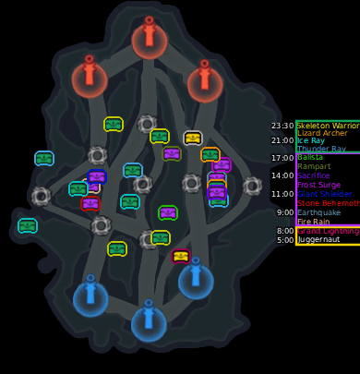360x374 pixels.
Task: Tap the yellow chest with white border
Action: coord(192,138)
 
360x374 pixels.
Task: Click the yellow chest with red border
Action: coord(181,256)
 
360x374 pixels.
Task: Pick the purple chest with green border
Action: coord(168,212)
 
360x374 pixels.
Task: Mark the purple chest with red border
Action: coord(90,203)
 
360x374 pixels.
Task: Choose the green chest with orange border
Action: coord(210,154)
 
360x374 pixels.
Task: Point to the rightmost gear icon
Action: coord(253,186)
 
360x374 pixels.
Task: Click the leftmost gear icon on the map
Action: coord(41,196)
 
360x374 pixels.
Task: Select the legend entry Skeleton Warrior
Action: coord(328,126)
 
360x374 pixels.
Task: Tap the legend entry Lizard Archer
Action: coord(323,133)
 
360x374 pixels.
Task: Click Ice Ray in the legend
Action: coord(311,140)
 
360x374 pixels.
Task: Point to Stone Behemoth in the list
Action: coord(329,203)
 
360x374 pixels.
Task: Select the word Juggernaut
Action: coord(318,239)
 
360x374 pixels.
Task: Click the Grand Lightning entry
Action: coord(329,230)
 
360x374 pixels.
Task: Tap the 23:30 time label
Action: coord(282,126)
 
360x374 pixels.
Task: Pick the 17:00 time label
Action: coord(282,158)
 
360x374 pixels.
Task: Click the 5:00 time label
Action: coord(285,239)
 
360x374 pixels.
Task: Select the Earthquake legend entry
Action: coord(318,212)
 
